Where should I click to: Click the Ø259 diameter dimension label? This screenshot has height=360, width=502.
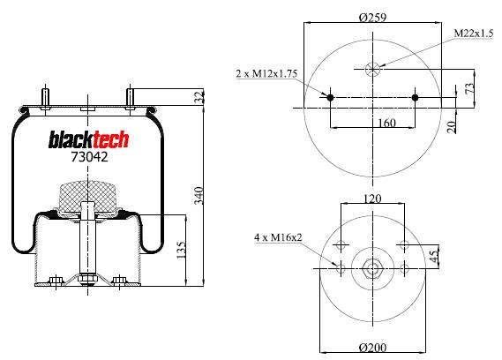click(372, 17)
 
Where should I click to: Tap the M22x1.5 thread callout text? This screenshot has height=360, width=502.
click(474, 34)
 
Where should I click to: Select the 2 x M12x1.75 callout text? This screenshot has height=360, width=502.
click(266, 73)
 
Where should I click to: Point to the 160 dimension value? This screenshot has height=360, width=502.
click(386, 123)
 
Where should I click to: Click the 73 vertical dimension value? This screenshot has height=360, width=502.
click(468, 89)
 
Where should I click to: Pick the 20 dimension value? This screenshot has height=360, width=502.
click(451, 127)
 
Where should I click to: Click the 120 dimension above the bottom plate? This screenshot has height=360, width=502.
click(372, 199)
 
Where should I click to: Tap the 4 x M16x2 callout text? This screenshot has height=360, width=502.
click(278, 237)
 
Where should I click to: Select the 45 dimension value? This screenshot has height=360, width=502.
click(433, 256)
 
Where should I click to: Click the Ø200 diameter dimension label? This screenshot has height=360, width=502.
click(372, 347)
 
